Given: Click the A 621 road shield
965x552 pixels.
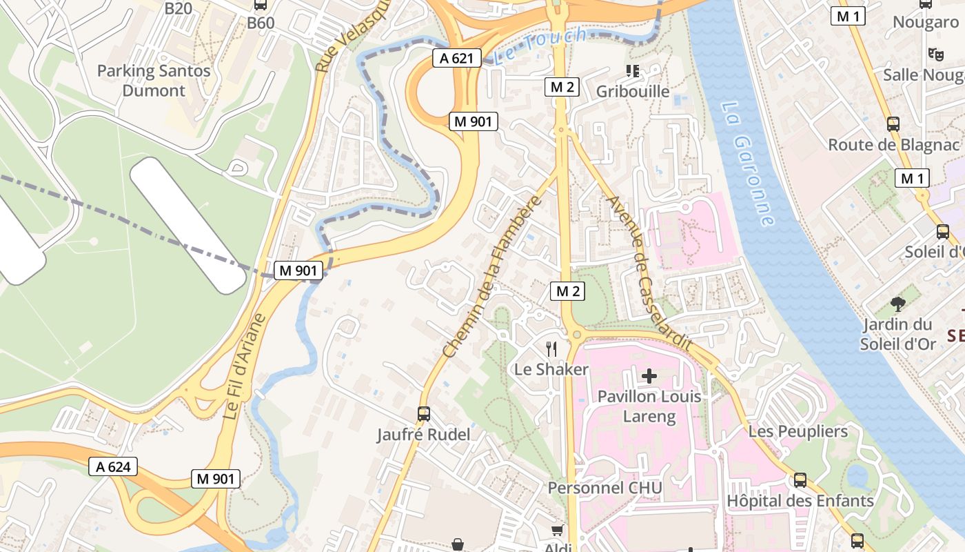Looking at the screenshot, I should coord(456,58).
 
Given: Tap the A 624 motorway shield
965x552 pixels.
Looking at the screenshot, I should coord(113,467).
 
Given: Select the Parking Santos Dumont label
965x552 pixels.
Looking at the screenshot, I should coord(154,80).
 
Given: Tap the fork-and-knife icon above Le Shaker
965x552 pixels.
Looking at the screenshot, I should coord(551,348).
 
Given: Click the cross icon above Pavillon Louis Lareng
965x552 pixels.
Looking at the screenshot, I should coord(649,376).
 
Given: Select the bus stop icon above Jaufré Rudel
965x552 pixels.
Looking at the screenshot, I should coord(424,414).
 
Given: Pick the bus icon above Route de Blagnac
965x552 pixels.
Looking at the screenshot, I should coord(893,124).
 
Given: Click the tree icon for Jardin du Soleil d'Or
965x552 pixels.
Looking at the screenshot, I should coord(897,304).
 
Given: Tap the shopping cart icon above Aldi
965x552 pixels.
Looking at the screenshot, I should coord(558,530).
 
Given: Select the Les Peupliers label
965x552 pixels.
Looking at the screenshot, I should coord(798,431).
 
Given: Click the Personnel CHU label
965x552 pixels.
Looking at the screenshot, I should coord(605,488).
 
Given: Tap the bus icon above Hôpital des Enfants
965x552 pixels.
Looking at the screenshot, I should coord(800,480).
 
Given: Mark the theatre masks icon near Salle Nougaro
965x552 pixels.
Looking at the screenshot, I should coord(935,54).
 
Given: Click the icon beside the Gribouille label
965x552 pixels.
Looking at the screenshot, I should coord(632,70).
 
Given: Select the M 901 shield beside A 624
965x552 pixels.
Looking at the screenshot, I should coord(216,478).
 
